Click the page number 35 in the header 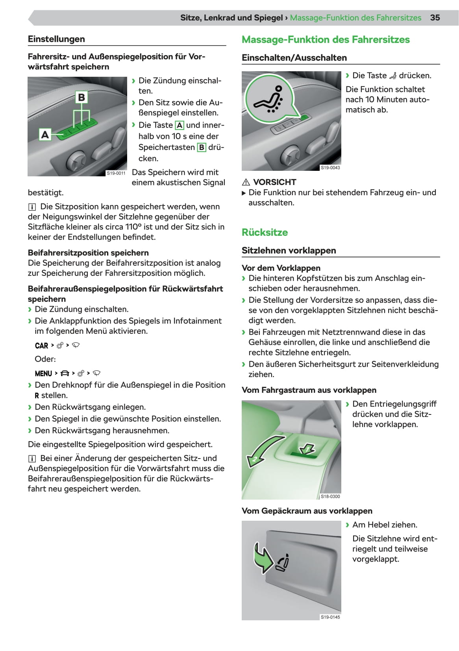[435, 18]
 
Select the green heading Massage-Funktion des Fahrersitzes [326, 40]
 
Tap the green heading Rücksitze [265, 233]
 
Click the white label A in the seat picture [45, 135]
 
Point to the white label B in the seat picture [81, 97]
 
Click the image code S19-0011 [116, 173]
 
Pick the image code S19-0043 [330, 168]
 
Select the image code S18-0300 [330, 497]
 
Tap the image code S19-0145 [330, 617]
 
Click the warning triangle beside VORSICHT [246, 182]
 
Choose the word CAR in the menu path [41, 346]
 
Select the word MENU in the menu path [43, 374]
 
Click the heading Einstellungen [56, 39]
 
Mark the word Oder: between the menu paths [45, 359]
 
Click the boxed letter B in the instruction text [202, 148]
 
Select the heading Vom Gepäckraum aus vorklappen [307, 511]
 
